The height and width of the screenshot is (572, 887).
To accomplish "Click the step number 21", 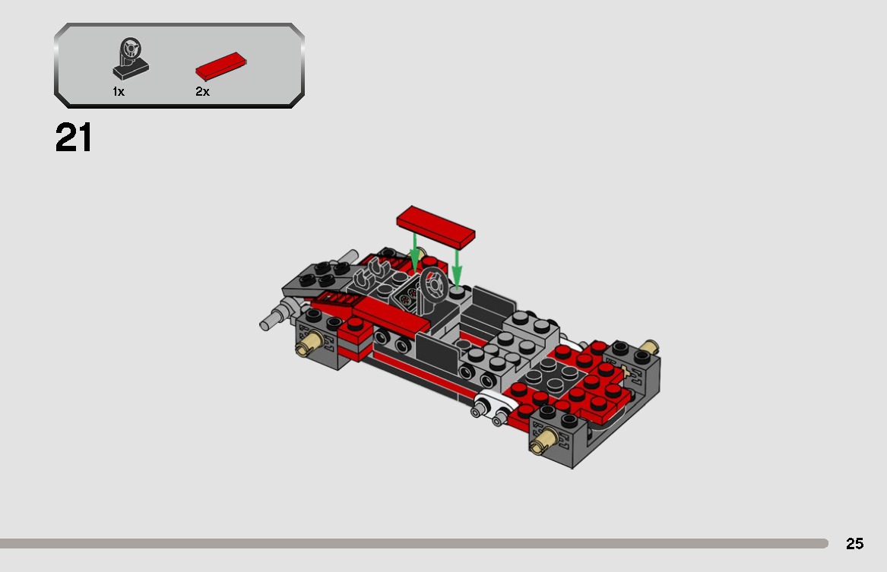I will pyautogui.click(x=74, y=139).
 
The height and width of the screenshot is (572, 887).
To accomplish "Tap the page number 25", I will pyautogui.click(x=854, y=544).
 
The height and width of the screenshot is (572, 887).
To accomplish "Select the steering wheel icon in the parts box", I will pyautogui.click(x=131, y=59).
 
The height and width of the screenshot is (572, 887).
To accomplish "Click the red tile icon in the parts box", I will pyautogui.click(x=221, y=66).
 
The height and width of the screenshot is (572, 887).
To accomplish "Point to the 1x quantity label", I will pyautogui.click(x=119, y=92).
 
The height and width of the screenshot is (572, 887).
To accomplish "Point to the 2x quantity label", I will pyautogui.click(x=202, y=92).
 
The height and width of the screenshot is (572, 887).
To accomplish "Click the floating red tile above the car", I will pyautogui.click(x=436, y=226).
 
